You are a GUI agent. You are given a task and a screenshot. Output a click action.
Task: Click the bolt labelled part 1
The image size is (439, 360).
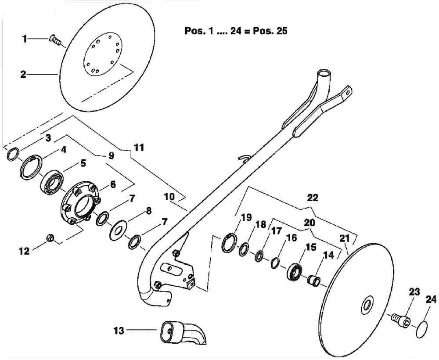(x=55, y=40)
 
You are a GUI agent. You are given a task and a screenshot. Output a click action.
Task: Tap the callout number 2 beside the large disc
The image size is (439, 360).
(x=23, y=75)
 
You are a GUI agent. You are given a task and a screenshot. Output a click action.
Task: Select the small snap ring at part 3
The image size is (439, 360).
(x=13, y=154)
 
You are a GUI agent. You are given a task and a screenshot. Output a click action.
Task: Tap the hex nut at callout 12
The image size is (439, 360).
(x=50, y=238)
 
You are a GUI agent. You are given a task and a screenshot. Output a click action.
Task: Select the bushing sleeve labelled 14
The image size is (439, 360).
(x=314, y=281)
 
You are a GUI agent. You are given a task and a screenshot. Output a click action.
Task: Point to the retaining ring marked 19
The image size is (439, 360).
(x=229, y=243)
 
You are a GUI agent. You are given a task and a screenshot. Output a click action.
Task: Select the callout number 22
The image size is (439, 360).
(x=313, y=198)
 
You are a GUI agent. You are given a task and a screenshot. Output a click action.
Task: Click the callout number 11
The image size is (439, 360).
(x=139, y=147)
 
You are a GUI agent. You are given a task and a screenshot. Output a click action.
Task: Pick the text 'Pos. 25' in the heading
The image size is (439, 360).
(x=270, y=31)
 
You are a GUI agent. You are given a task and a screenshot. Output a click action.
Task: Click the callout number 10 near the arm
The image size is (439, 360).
(x=169, y=197)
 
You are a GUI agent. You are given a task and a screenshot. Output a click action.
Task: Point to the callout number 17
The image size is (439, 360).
(x=276, y=231)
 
